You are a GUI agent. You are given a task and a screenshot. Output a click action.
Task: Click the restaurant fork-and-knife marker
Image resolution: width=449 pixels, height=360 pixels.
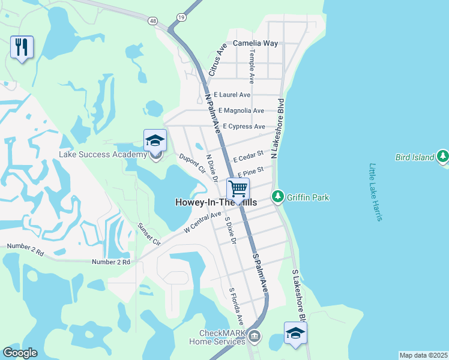[x=22, y=47]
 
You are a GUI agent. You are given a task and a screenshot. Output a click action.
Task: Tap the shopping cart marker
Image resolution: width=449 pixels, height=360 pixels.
[x=238, y=189]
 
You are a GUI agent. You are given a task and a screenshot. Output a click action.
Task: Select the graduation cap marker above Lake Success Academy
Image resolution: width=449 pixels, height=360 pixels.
[x=155, y=141]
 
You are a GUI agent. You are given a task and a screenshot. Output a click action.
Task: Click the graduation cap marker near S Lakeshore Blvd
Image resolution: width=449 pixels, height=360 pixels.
[x=295, y=334]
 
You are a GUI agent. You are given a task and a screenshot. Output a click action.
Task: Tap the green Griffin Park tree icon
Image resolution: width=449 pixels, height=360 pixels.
[x=277, y=196]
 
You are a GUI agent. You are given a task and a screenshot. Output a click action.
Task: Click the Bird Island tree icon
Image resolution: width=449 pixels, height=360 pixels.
[x=443, y=157]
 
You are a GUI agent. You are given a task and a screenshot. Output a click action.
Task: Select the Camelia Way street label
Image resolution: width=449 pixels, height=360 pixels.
[x=255, y=43]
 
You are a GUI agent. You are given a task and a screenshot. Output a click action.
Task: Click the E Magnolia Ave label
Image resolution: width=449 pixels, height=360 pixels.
[x=241, y=111]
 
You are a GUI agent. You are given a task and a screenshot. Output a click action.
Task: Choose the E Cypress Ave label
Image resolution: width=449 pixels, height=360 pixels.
[x=244, y=127]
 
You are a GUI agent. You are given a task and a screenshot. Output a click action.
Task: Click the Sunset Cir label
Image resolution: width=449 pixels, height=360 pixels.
[x=149, y=234]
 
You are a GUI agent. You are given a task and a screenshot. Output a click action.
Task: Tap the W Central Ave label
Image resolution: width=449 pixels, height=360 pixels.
[x=203, y=221]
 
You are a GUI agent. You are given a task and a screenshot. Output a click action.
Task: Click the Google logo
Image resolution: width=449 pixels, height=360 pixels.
[x=20, y=353]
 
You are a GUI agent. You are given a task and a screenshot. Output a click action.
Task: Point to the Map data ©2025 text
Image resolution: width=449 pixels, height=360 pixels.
[x=423, y=355]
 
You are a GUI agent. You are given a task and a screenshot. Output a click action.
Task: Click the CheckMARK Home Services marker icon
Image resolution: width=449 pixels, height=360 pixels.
[x=255, y=336]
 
